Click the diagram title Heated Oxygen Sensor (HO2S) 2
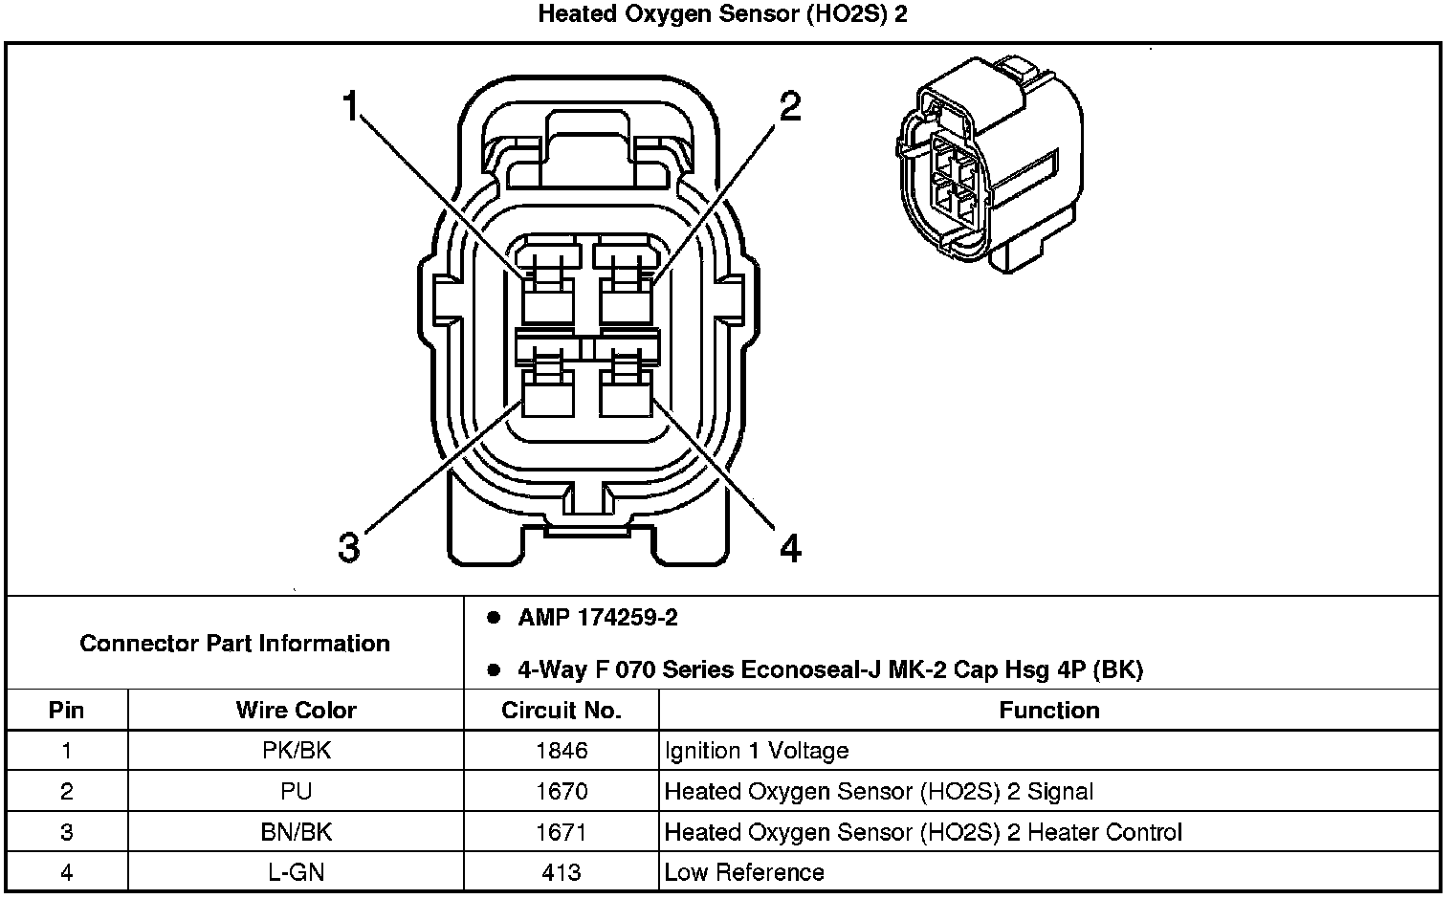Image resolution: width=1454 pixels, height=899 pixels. tap(722, 14)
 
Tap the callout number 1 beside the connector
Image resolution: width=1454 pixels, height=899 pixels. tap(351, 107)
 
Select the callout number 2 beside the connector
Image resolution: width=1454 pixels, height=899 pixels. tap(789, 107)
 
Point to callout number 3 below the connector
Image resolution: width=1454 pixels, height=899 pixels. tap(349, 548)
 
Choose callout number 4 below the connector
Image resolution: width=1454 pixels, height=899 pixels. tap(790, 548)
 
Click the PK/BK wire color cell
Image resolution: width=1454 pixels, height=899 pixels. tap(296, 751)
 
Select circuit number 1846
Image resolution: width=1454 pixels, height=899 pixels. tap(562, 751)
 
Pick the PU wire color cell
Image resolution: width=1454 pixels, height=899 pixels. tap(296, 792)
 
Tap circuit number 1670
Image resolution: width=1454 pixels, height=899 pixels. tap(562, 792)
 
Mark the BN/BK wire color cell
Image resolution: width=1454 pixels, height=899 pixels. tap(296, 832)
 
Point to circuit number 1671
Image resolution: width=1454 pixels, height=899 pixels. tap(562, 832)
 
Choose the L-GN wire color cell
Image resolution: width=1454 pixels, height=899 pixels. tap(296, 872)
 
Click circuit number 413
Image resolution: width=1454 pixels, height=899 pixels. tap(562, 872)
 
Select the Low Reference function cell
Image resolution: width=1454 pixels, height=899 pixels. tap(744, 872)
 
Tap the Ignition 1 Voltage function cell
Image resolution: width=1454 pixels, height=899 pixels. tap(757, 751)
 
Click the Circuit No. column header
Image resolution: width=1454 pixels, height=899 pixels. tap(562, 711)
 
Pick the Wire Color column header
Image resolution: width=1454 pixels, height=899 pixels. tap(296, 711)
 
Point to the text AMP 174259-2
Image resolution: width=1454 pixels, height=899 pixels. tap(598, 618)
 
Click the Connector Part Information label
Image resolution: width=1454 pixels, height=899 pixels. tap(234, 643)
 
